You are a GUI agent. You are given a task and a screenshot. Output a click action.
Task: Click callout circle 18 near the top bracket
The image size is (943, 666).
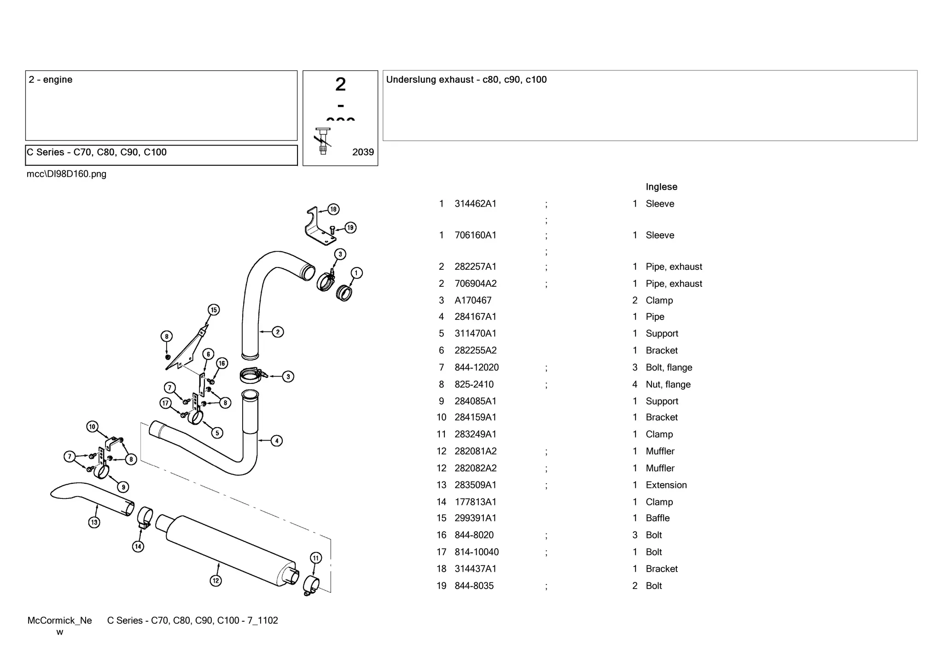tap(333, 209)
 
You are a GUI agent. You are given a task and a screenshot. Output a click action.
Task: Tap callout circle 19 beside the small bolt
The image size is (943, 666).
tap(350, 227)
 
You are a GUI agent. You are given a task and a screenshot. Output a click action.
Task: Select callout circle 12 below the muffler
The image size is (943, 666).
tap(215, 580)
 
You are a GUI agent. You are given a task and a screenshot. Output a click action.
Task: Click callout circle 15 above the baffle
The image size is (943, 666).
tap(213, 310)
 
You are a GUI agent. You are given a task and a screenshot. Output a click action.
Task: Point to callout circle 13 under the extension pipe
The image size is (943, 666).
tap(94, 522)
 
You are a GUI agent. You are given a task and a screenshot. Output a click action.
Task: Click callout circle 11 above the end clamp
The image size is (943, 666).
tap(315, 558)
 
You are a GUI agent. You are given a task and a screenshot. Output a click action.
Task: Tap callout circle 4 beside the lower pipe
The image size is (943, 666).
tap(277, 441)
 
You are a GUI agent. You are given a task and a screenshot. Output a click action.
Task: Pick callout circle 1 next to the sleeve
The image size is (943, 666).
tap(356, 273)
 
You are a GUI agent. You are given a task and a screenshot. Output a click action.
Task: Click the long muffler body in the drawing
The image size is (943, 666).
tap(230, 550)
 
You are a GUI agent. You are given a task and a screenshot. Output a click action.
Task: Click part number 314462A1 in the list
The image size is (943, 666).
tap(475, 204)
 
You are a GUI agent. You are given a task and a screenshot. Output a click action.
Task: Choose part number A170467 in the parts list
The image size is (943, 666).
tap(473, 301)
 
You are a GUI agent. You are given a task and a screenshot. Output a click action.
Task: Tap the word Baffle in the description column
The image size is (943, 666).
tap(658, 518)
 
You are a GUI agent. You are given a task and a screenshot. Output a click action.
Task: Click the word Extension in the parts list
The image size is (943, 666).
tap(666, 485)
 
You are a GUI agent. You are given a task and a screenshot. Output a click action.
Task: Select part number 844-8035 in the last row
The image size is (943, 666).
tap(474, 586)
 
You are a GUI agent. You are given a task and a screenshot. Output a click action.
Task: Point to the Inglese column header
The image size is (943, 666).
tap(661, 187)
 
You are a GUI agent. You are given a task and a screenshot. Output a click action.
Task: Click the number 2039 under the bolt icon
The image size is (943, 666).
tap(363, 152)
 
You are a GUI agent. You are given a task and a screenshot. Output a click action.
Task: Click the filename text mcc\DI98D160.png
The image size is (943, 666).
tap(66, 174)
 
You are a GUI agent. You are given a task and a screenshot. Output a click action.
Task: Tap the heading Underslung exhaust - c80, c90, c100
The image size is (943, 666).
tap(466, 80)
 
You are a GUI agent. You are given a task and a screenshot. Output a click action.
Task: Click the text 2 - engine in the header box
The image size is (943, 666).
tap(51, 80)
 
